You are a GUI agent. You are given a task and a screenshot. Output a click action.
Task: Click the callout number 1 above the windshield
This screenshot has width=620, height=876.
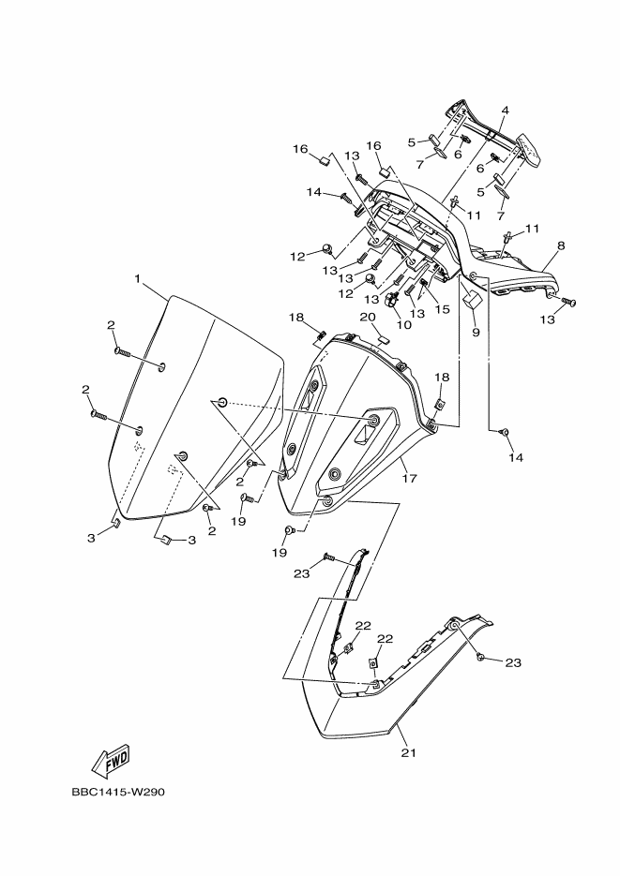(137, 279)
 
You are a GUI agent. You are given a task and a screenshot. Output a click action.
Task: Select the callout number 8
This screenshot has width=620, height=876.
(560, 245)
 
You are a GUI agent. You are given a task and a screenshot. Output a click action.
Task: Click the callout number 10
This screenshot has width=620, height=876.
(405, 326)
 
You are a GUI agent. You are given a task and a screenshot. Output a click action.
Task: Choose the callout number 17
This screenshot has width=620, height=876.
(410, 479)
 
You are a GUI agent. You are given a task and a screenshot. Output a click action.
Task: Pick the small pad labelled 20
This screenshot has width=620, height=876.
(384, 338)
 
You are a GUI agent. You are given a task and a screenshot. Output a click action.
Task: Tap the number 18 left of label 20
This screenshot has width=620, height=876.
(297, 317)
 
